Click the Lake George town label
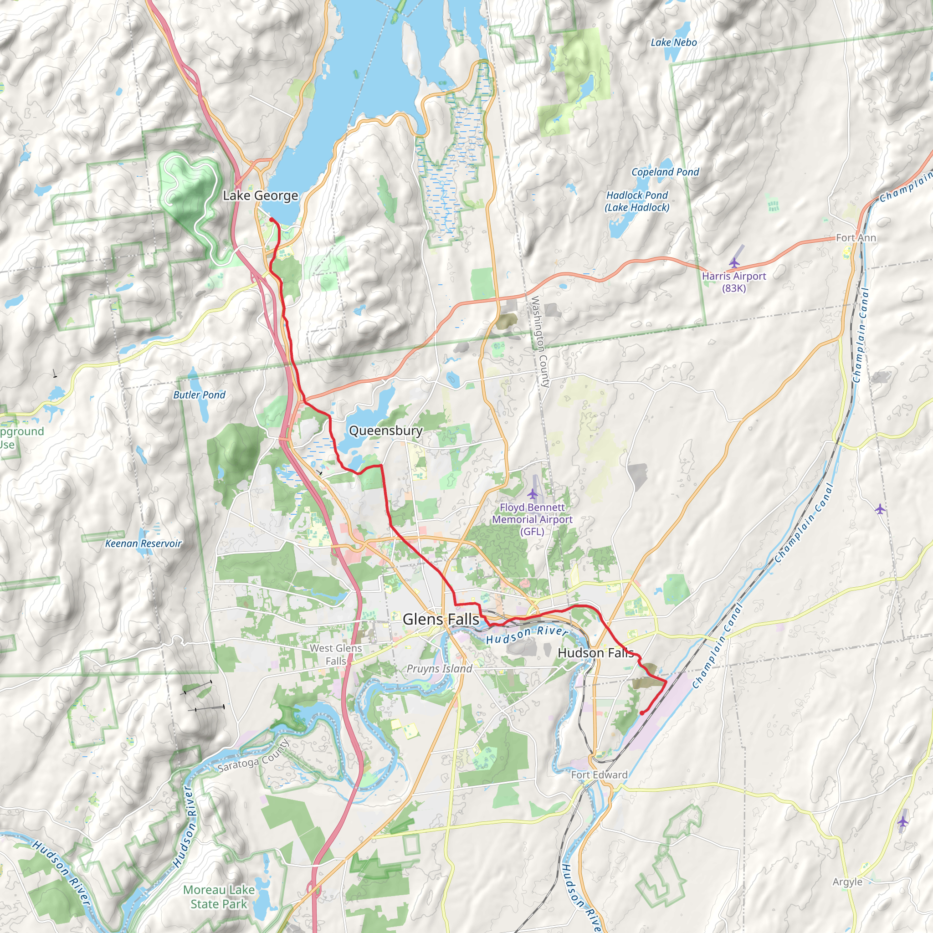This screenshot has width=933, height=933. [x=260, y=195]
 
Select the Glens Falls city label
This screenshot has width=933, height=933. [x=441, y=619]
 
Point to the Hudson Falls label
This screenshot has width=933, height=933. [x=595, y=653]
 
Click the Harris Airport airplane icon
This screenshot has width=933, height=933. [x=734, y=263]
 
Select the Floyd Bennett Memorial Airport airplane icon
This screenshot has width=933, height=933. [x=532, y=494]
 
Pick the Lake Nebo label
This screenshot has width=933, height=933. [x=674, y=42]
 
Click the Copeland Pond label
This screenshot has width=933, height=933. [x=665, y=172]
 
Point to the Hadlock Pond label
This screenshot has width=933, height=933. [x=637, y=201]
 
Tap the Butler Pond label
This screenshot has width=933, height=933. [x=199, y=395]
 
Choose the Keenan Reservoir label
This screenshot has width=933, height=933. [x=144, y=543]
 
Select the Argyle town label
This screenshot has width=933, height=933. [x=847, y=882]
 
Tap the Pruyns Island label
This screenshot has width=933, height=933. [x=439, y=668]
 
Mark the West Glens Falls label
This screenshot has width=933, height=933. [x=336, y=654]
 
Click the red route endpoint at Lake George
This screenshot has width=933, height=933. [x=272, y=220]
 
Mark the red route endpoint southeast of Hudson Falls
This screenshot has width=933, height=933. [x=641, y=713]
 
